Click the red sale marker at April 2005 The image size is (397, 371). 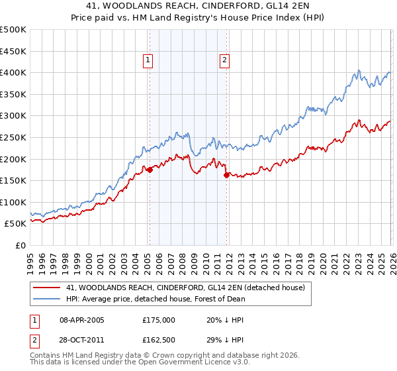(150, 170)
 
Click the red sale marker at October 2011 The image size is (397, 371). (226, 175)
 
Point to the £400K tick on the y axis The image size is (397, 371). (13, 73)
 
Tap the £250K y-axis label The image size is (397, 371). (13, 138)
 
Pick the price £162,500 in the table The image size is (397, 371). (159, 343)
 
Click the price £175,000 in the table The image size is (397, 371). (159, 320)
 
